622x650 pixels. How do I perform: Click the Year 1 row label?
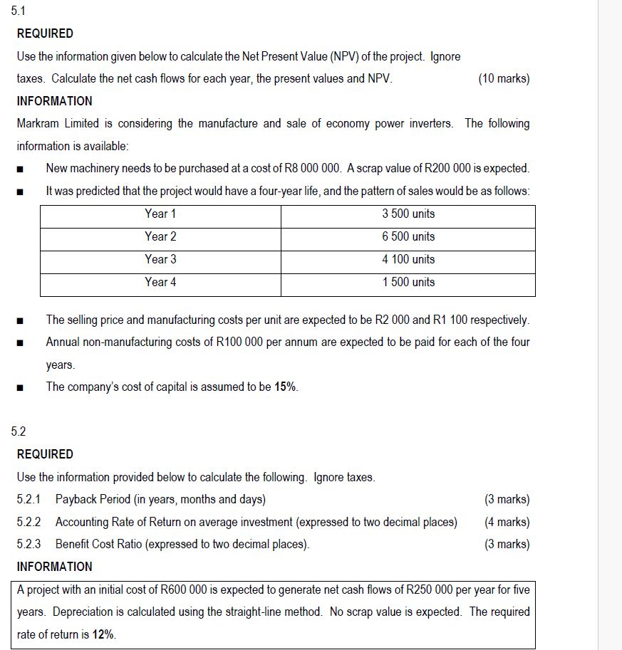tap(160, 214)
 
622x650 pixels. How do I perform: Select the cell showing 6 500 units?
tap(408, 237)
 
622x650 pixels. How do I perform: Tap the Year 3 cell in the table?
tap(160, 260)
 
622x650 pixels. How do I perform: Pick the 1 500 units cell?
tap(408, 283)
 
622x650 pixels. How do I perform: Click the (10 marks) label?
tap(504, 79)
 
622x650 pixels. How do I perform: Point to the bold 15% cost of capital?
tap(286, 387)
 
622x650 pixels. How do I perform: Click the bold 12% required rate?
tap(104, 634)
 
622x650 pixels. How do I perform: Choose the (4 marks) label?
tap(507, 523)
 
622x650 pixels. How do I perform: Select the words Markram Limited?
tap(58, 124)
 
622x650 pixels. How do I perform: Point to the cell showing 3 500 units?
tap(408, 214)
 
